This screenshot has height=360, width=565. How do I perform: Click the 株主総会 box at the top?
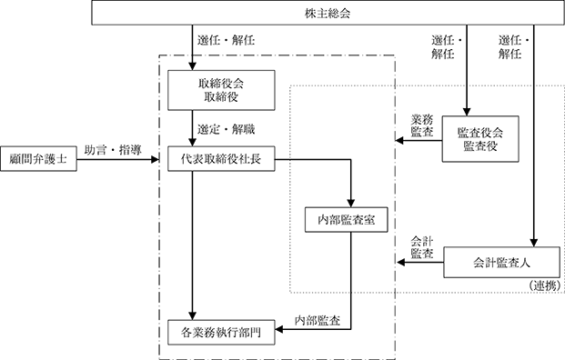point(328,13)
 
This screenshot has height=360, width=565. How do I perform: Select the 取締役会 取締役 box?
point(221,90)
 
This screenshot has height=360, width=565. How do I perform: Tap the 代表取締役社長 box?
point(221,159)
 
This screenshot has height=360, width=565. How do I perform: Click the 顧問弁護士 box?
point(38,159)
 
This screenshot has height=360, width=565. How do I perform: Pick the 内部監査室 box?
point(347,220)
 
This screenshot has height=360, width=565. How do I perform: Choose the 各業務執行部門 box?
point(221,333)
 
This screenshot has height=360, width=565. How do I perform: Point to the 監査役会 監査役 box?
point(480,139)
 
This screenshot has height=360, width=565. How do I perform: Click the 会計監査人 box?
point(501,263)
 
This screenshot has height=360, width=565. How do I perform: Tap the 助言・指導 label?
point(113,150)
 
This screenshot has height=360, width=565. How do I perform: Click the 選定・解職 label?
point(226,129)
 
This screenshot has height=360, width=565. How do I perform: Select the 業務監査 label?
point(422,125)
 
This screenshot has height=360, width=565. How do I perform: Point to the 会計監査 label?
point(422,247)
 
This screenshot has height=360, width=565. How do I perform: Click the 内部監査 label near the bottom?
point(318,320)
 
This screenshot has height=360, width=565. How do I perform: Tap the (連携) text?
point(545,285)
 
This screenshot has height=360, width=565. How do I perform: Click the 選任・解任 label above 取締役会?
point(226,40)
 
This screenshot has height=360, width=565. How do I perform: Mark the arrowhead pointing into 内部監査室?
point(350,203)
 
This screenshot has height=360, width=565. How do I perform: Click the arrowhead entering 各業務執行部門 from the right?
point(279,329)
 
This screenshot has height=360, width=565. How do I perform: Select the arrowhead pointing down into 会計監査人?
point(534,243)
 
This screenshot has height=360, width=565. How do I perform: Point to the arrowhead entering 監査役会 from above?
point(467,112)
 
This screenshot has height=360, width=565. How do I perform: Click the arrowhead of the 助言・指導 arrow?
point(155,159)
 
